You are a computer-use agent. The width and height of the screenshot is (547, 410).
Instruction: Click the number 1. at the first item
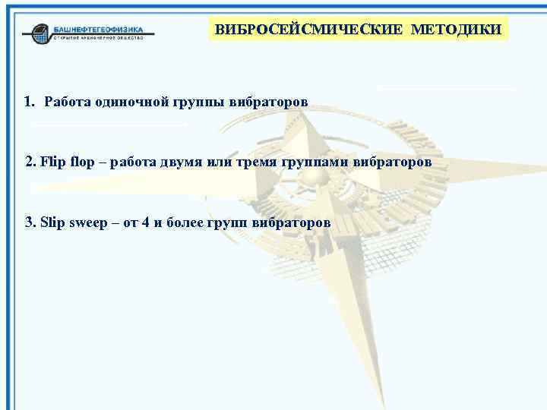coord(30,101)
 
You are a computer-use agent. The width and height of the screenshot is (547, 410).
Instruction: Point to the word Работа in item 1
coord(68,101)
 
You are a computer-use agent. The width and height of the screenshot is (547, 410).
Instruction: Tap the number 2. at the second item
coord(30,162)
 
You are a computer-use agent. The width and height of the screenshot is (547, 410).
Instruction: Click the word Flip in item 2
coord(54,162)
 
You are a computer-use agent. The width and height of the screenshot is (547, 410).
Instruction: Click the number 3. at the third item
coord(30,222)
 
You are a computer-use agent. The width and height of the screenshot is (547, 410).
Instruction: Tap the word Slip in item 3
coord(54,222)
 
